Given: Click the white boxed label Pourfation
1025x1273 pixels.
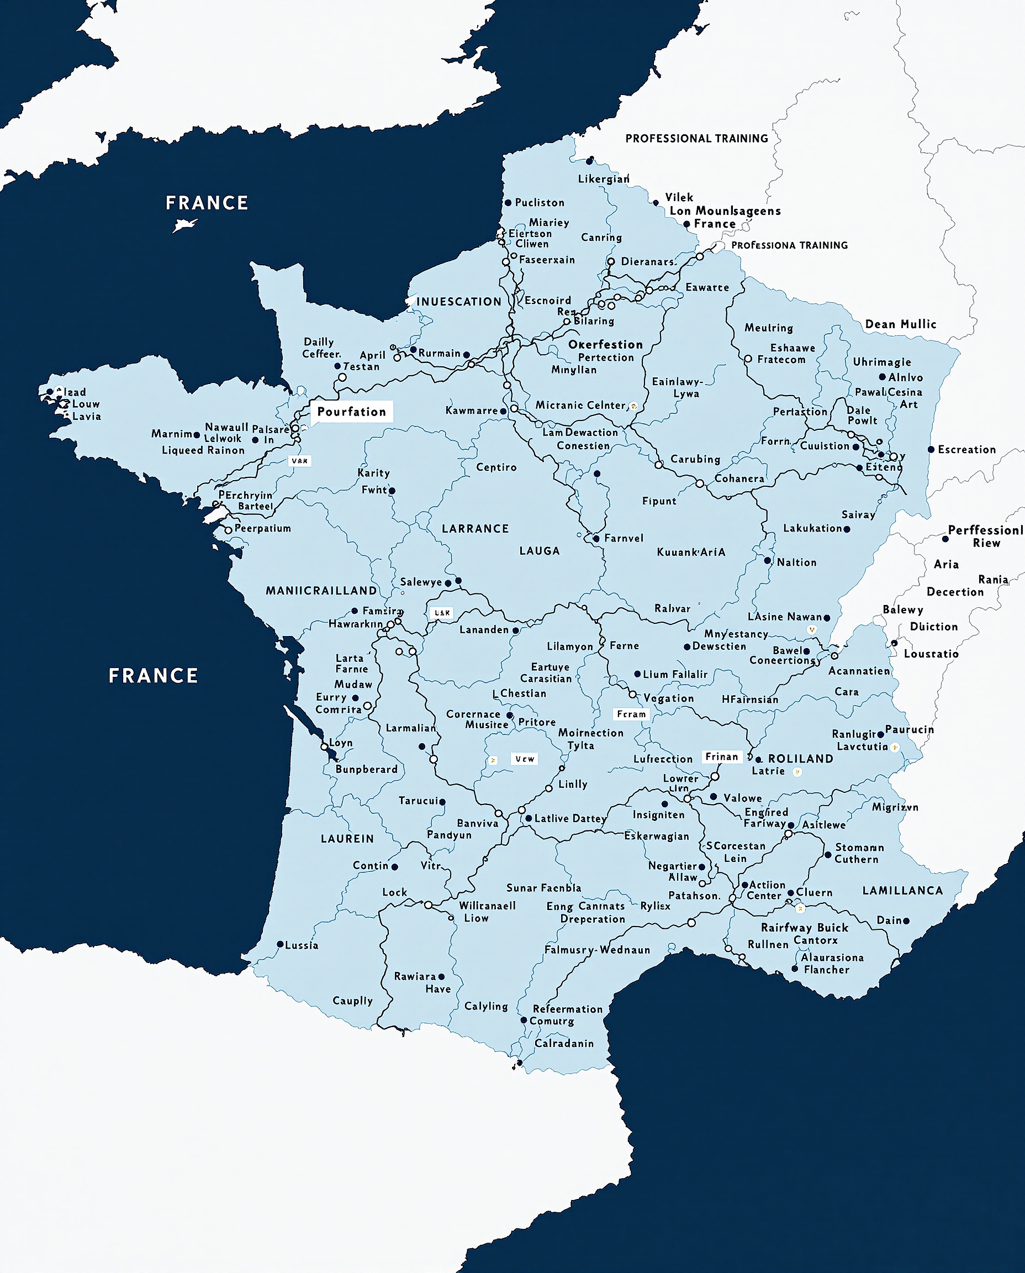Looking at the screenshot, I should click(351, 412).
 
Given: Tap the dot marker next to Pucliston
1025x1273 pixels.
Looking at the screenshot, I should click(508, 203).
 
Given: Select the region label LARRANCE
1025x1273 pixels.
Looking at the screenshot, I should click(475, 529).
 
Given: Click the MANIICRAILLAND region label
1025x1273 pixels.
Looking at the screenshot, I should click(321, 591).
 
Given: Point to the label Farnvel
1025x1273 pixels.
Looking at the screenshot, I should click(624, 538).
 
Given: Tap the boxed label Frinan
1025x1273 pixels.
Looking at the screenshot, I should click(721, 757).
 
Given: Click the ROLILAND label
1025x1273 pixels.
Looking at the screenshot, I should click(801, 759).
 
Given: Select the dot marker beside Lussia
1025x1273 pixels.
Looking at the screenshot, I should click(281, 945).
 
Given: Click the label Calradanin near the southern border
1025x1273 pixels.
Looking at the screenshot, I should click(564, 1043).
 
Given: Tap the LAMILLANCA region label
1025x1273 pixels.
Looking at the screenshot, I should click(903, 890).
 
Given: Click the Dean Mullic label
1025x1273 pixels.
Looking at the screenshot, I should click(900, 324).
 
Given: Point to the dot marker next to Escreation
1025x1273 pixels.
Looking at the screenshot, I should click(931, 450).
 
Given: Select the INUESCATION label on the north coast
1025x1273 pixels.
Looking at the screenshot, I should click(459, 302).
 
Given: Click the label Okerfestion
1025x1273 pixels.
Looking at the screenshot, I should click(605, 344).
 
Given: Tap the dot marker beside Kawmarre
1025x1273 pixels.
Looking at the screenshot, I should click(504, 411).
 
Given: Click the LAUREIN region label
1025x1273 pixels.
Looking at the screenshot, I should click(347, 839).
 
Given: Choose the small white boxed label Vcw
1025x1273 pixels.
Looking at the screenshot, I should click(524, 759).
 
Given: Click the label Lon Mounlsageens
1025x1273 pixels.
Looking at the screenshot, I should click(725, 211).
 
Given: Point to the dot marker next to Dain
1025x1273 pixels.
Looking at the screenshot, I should click(906, 921).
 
